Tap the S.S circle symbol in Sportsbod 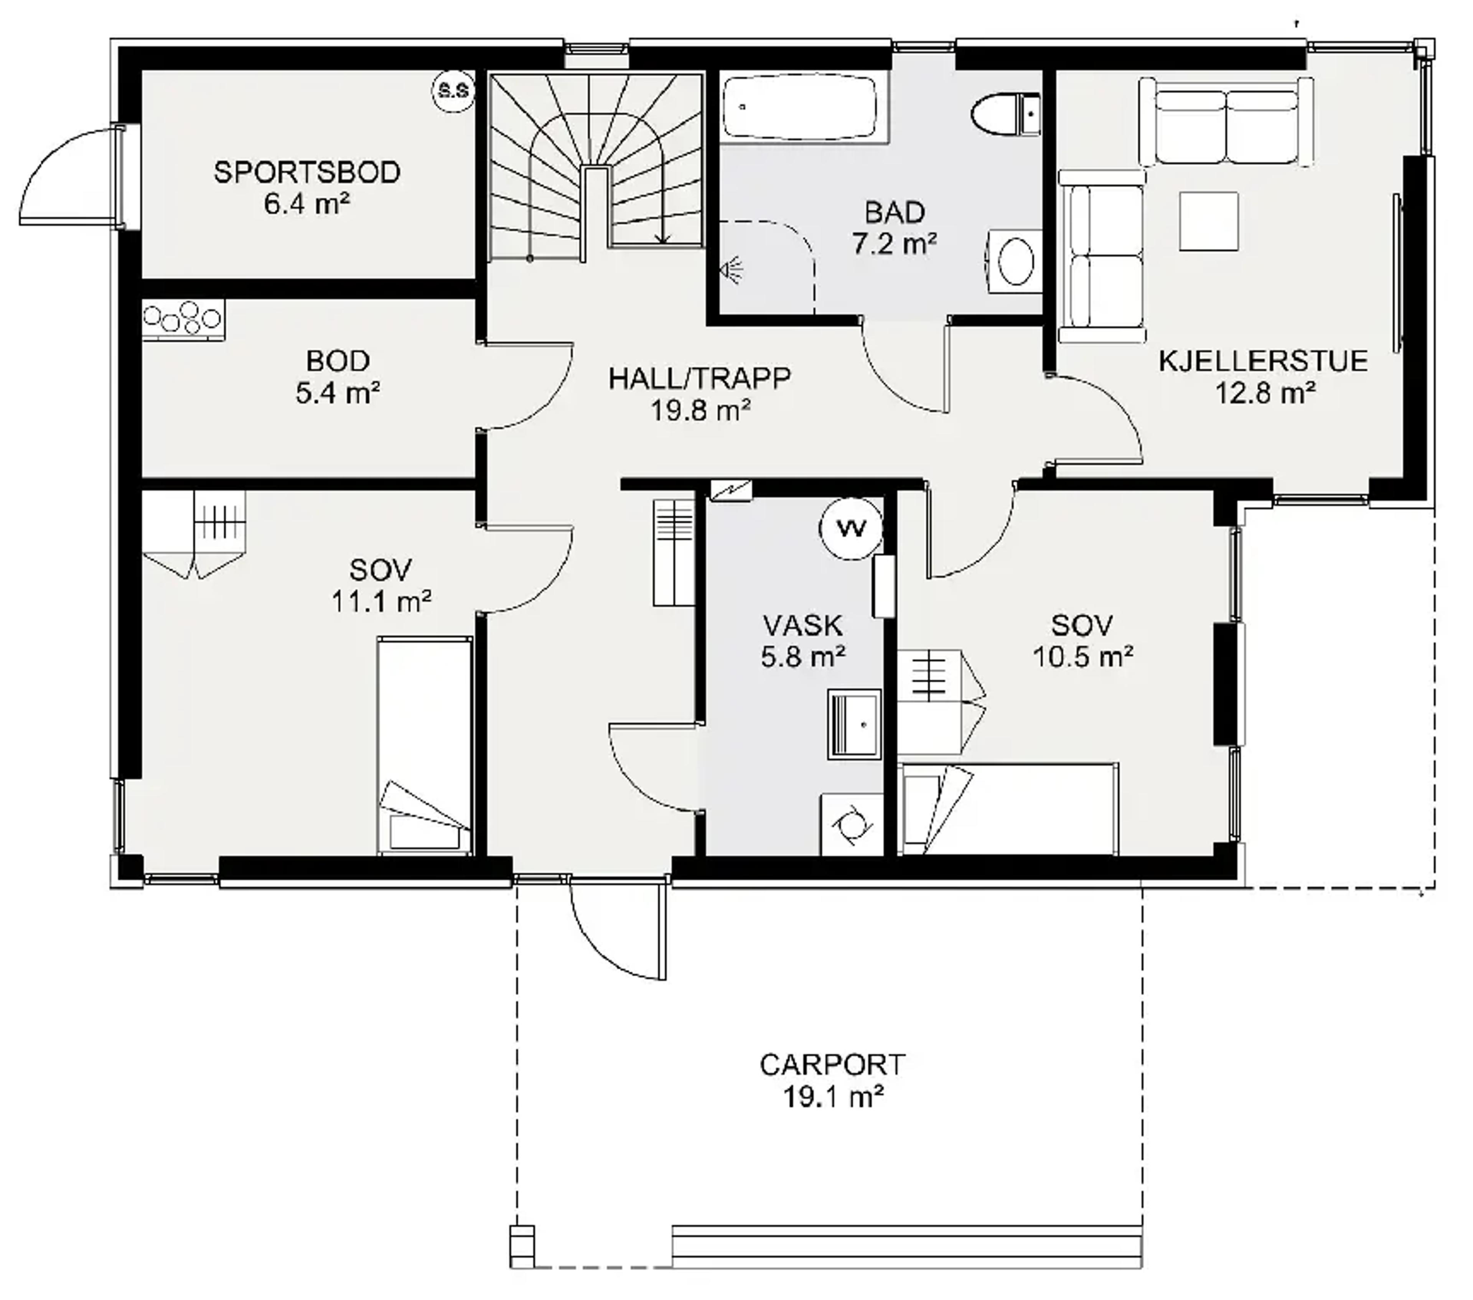tap(453, 91)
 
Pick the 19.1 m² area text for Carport tap(833, 1098)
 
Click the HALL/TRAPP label tap(699, 378)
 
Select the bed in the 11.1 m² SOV tap(425, 746)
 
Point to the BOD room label tap(338, 360)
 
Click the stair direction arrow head tap(662, 238)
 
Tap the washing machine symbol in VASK tap(852, 824)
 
